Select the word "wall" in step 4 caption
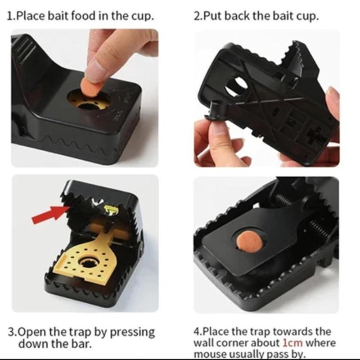203,343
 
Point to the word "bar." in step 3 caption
81,344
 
